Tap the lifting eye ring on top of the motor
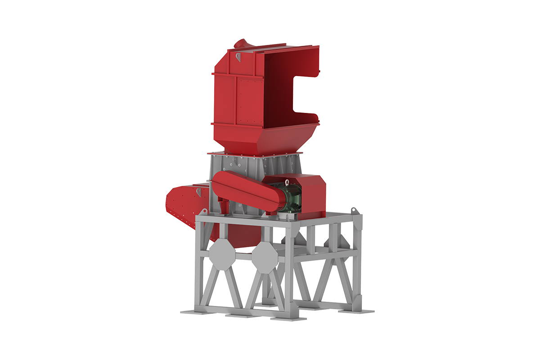click(x=287, y=182)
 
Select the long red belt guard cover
click(x=243, y=189)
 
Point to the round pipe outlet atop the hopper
click(x=241, y=43)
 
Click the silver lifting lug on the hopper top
click(x=238, y=57)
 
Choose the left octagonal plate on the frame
click(x=221, y=256)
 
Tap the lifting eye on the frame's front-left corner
click(x=201, y=213)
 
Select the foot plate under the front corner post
click(x=288, y=318)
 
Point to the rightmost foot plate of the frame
click(x=360, y=310)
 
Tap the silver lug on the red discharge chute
click(x=198, y=191)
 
